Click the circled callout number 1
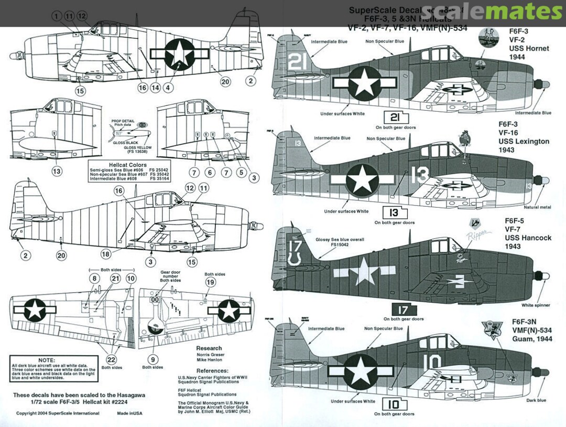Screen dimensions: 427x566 pos(57,16)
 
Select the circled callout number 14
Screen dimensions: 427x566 pos(155,88)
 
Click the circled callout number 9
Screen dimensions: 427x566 pos(153,360)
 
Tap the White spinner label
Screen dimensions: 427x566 pos(536,305)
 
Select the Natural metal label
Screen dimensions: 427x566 pos(537,207)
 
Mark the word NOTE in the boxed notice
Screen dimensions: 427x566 pos(47,360)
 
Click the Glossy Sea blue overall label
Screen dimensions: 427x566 pos(339,240)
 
